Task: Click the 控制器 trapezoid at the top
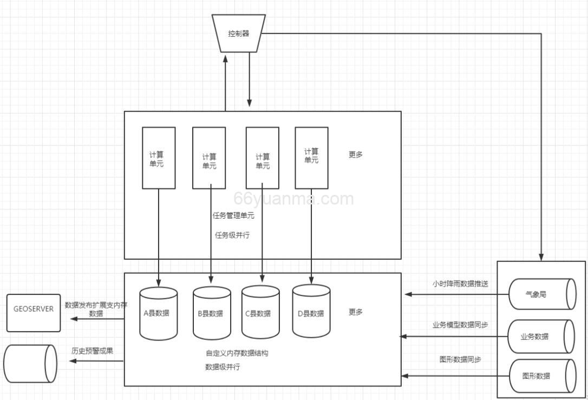[239, 34]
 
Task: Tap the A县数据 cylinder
[159, 313]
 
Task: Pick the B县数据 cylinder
[211, 313]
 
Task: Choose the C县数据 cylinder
[260, 313]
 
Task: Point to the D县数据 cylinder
[311, 313]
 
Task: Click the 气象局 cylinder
[541, 294]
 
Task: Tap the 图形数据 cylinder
[541, 376]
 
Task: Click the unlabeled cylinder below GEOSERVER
[30, 364]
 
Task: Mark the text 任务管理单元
[233, 215]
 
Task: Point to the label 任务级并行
[232, 235]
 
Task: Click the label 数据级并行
[223, 367]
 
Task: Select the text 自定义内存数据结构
[237, 353]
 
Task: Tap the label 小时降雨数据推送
[460, 283]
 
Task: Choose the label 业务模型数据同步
[460, 325]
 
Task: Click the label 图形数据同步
[460, 359]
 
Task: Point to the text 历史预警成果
[93, 351]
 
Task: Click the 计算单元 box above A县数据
[159, 158]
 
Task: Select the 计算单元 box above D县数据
[311, 158]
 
